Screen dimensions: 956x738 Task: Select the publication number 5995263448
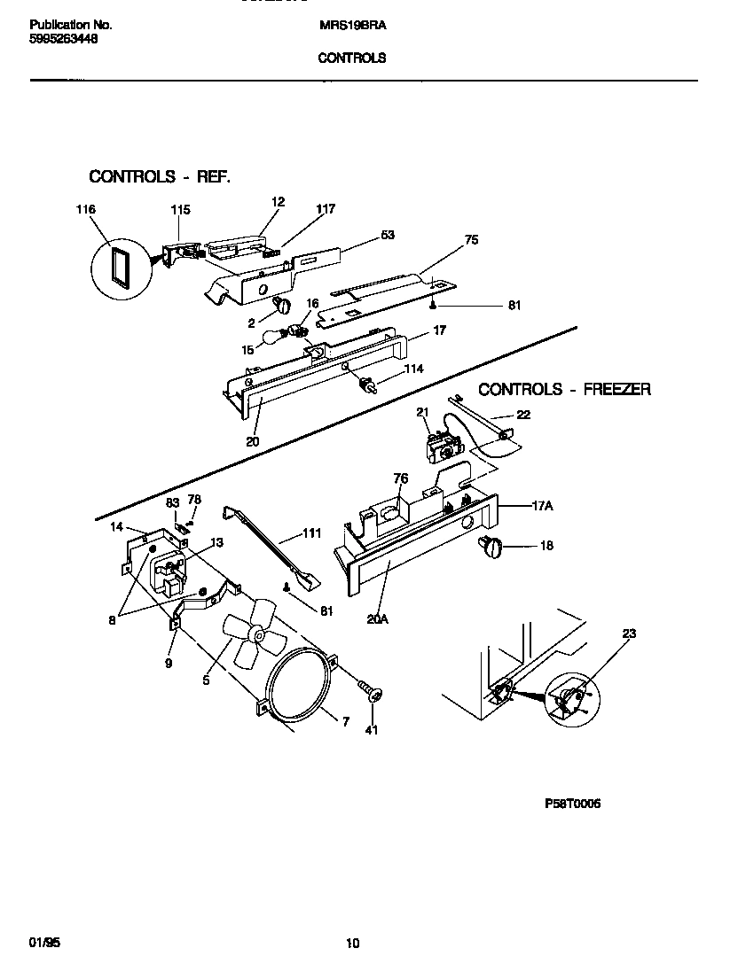click(x=64, y=39)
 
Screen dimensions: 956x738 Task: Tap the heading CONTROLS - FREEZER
click(x=565, y=389)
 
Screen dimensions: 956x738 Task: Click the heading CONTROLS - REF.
click(x=160, y=176)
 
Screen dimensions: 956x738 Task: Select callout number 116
click(x=85, y=210)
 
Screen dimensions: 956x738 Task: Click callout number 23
click(x=629, y=633)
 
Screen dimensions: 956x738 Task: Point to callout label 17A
click(x=542, y=506)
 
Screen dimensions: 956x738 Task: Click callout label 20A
click(x=378, y=620)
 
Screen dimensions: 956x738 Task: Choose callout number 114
click(x=413, y=369)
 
